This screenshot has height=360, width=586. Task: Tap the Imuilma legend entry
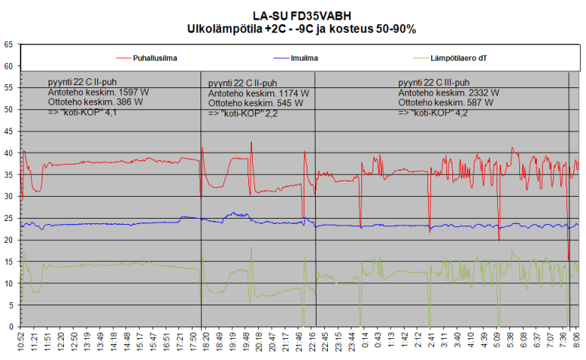point(304,58)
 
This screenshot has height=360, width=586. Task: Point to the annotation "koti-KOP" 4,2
point(438,112)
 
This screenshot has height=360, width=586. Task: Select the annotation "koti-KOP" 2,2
point(248,113)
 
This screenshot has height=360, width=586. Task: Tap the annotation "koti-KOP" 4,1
point(87,112)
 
